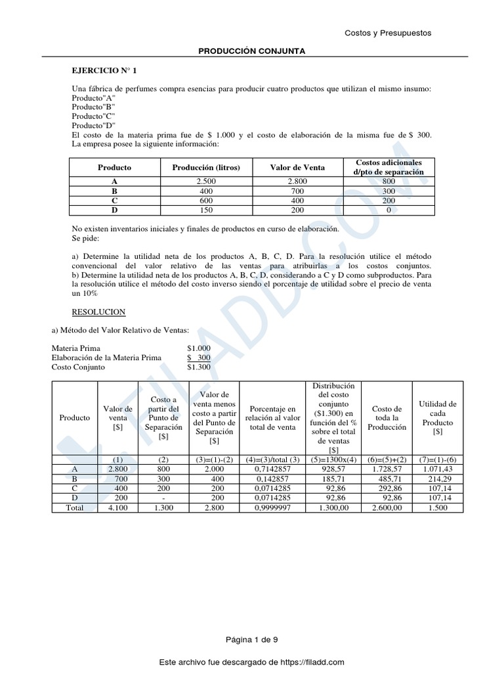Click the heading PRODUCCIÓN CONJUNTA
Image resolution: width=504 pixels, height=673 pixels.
coord(252,51)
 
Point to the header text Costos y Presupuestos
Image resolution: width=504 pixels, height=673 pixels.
coord(388,34)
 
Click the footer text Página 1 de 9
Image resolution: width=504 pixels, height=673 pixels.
coord(252,639)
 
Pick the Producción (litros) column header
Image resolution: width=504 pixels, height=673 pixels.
coord(205,167)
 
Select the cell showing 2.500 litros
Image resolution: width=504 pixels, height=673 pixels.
coord(205,181)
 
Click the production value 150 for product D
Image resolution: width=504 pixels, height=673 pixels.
coord(205,210)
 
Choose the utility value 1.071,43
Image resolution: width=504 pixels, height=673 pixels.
coord(438,469)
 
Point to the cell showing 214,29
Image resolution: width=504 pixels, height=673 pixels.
coord(438,479)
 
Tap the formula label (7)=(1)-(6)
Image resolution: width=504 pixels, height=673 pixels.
coord(438,459)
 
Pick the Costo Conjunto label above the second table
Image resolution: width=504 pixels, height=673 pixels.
coord(78,367)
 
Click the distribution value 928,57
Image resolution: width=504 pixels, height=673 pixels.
coord(333,469)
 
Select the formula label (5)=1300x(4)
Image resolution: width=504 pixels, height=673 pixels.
coord(333,459)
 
